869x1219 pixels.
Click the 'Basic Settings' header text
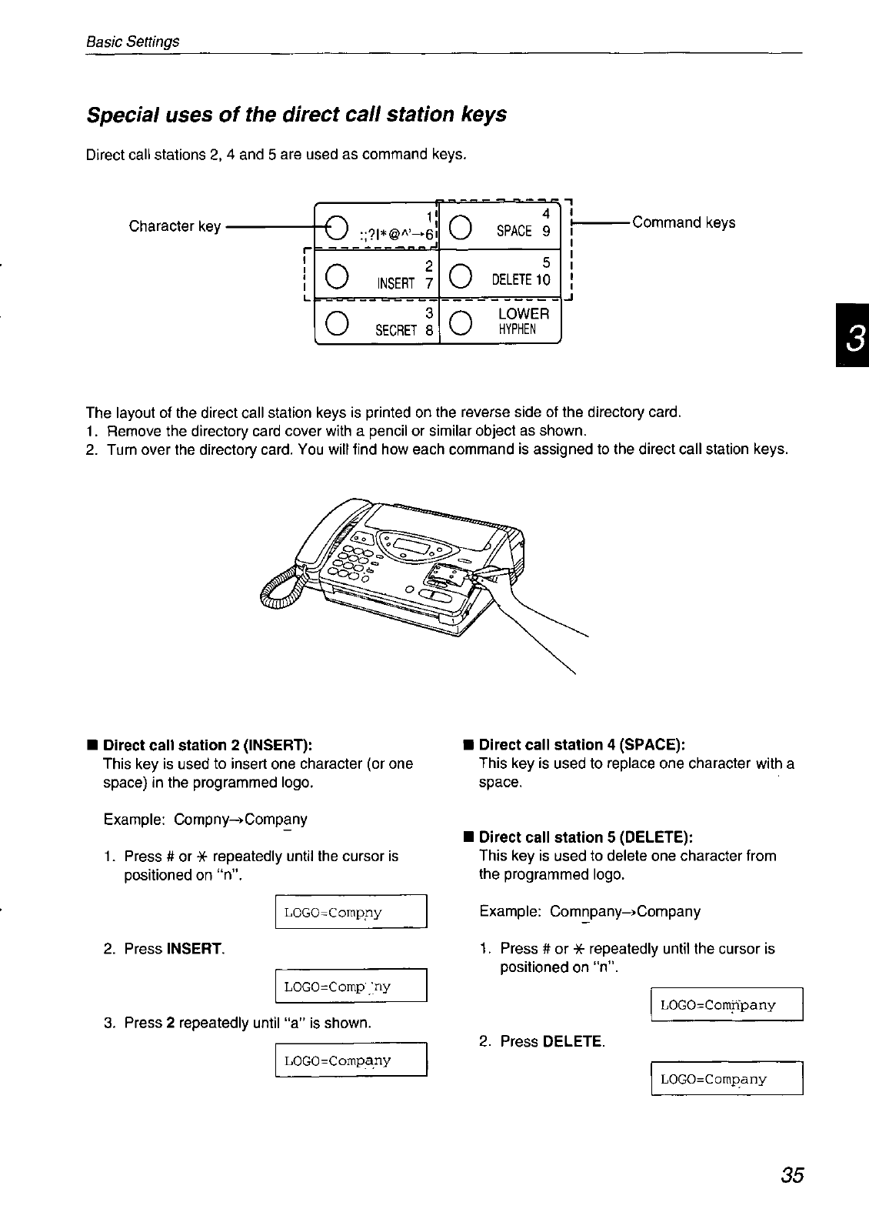click(132, 42)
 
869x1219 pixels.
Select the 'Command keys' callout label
click(683, 222)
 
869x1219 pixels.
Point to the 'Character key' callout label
click(175, 226)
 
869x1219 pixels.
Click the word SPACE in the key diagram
click(514, 231)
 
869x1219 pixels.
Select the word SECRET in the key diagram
click(395, 330)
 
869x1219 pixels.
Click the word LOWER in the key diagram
click(524, 314)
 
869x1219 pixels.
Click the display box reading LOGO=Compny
click(351, 913)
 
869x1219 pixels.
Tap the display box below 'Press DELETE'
click(727, 1078)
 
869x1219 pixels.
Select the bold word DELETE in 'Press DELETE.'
click(571, 1042)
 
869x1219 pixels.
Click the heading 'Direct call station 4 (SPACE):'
click(581, 745)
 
